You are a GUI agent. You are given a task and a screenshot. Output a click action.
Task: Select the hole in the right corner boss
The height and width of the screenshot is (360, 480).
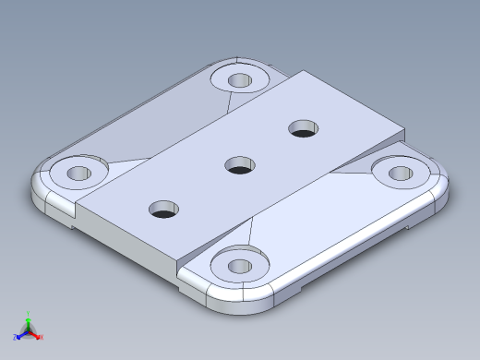400,173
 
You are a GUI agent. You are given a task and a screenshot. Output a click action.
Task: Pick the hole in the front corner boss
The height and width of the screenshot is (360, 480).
239,267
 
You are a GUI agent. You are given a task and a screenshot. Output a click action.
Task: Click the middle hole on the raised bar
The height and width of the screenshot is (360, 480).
240,166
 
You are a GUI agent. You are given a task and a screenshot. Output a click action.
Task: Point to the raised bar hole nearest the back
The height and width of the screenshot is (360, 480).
303,128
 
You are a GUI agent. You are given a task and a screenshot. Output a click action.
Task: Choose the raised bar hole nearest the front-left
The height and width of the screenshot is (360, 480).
164,210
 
